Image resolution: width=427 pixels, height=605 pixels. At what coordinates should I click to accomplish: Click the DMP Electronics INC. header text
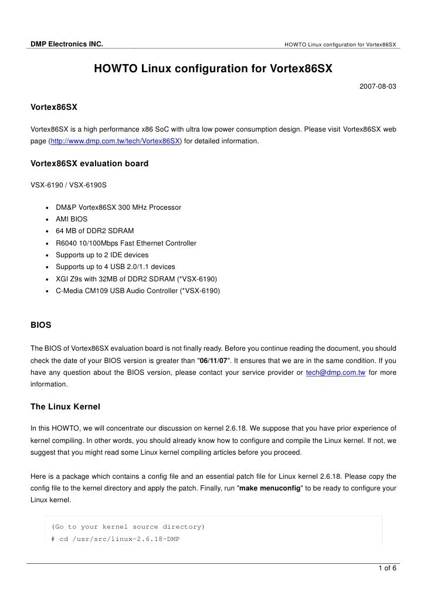(x=67, y=44)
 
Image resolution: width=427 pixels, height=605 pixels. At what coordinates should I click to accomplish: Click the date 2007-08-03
(x=377, y=86)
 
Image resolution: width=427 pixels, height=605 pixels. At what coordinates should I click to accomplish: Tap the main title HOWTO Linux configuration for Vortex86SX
(x=213, y=69)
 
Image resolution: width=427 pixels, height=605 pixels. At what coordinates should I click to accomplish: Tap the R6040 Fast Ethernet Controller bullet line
(x=126, y=243)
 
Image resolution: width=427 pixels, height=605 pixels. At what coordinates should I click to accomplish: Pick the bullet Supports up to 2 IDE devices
(x=101, y=254)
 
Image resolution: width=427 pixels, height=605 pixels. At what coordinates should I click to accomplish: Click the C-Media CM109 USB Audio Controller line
(x=137, y=290)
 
